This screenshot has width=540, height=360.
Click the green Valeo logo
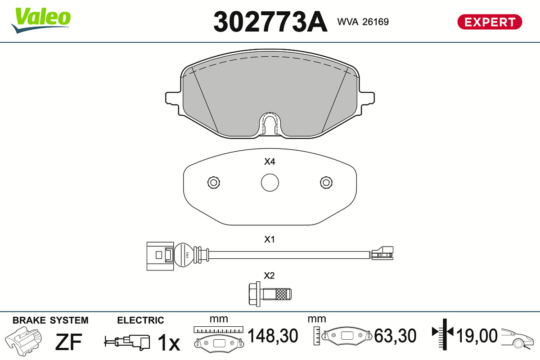click(x=41, y=20)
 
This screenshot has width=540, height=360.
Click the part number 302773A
click(x=270, y=22)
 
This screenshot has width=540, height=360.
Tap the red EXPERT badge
click(x=490, y=22)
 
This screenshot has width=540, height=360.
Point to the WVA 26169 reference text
click(x=363, y=22)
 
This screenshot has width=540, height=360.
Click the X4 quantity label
click(x=270, y=162)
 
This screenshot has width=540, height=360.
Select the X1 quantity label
click(x=270, y=239)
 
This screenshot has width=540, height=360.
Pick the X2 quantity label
click(x=269, y=275)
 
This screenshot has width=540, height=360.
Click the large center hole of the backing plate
click(x=270, y=183)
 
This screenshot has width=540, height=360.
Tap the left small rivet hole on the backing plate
click(x=214, y=183)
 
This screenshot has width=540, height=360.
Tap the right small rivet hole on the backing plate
click(x=326, y=183)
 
